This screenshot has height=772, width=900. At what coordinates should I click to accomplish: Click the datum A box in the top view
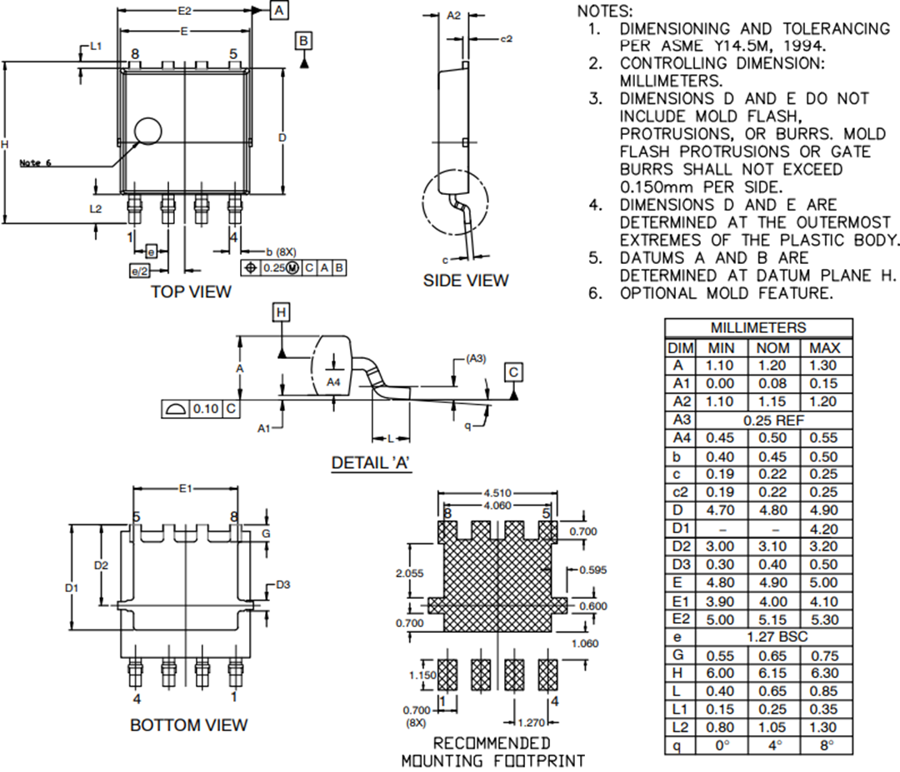(279, 10)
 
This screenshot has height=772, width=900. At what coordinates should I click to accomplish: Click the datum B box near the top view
(304, 41)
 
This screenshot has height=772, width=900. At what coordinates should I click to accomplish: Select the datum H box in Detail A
(282, 312)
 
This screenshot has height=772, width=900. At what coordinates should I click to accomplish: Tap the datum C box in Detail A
(514, 371)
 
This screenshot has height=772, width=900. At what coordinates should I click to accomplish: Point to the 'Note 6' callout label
(35, 163)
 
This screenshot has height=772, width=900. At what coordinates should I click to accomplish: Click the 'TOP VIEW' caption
(191, 291)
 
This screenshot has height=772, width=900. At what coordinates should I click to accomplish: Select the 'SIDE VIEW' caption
(465, 281)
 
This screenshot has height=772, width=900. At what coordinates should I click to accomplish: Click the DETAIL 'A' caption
(372, 463)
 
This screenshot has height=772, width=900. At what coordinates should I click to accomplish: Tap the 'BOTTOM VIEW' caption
(188, 725)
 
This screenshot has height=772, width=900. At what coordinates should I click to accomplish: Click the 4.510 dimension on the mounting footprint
(497, 495)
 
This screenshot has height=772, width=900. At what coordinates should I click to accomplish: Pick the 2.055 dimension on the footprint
(409, 573)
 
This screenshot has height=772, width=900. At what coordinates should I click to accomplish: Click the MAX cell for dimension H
(826, 673)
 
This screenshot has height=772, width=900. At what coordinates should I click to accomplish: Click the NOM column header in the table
(772, 347)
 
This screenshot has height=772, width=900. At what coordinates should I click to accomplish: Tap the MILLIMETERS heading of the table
(758, 327)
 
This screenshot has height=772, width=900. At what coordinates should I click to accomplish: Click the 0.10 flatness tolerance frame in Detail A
(199, 409)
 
